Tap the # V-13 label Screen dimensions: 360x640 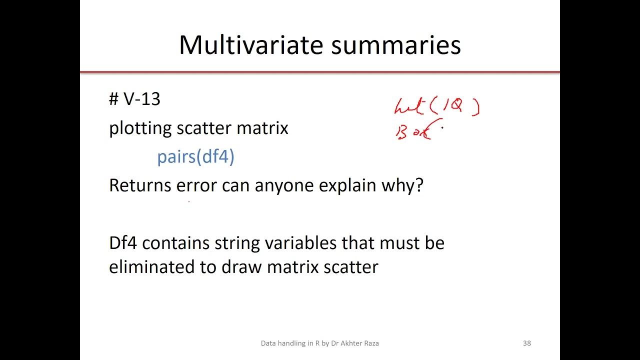134,99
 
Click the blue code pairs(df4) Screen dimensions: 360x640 195,157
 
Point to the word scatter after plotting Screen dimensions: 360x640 204,128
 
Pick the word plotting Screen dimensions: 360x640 140,128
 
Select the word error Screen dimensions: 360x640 196,185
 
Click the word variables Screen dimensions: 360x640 303,243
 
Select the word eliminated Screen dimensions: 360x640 152,266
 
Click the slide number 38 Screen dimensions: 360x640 526,343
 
